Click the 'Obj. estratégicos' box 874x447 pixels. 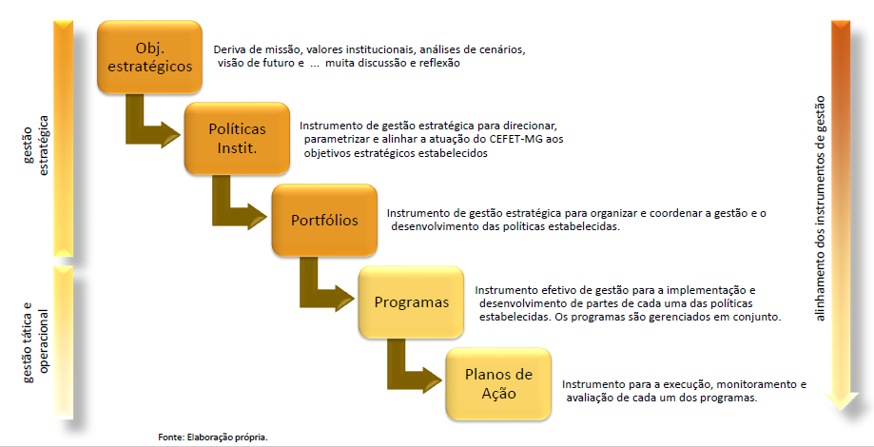click(149, 57)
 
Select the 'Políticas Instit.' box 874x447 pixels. click(237, 139)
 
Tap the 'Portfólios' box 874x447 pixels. click(324, 220)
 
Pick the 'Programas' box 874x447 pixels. click(412, 302)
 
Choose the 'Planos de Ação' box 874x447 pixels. click(499, 384)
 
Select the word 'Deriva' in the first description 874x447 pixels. click(228, 49)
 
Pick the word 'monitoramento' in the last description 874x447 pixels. click(758, 384)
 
